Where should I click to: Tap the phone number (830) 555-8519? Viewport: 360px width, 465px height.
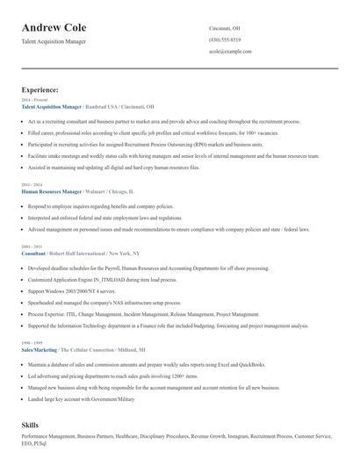click(x=224, y=39)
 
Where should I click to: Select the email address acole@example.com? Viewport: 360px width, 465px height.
click(x=230, y=52)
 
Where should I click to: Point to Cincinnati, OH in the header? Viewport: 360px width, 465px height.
click(x=224, y=28)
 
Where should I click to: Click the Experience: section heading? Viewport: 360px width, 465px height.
click(x=40, y=89)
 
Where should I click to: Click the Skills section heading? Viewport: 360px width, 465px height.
click(x=31, y=424)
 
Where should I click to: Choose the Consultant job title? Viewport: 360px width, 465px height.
click(x=33, y=253)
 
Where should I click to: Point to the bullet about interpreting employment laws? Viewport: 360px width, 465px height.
click(x=105, y=217)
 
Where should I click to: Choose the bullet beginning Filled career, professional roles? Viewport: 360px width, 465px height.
click(x=140, y=132)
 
